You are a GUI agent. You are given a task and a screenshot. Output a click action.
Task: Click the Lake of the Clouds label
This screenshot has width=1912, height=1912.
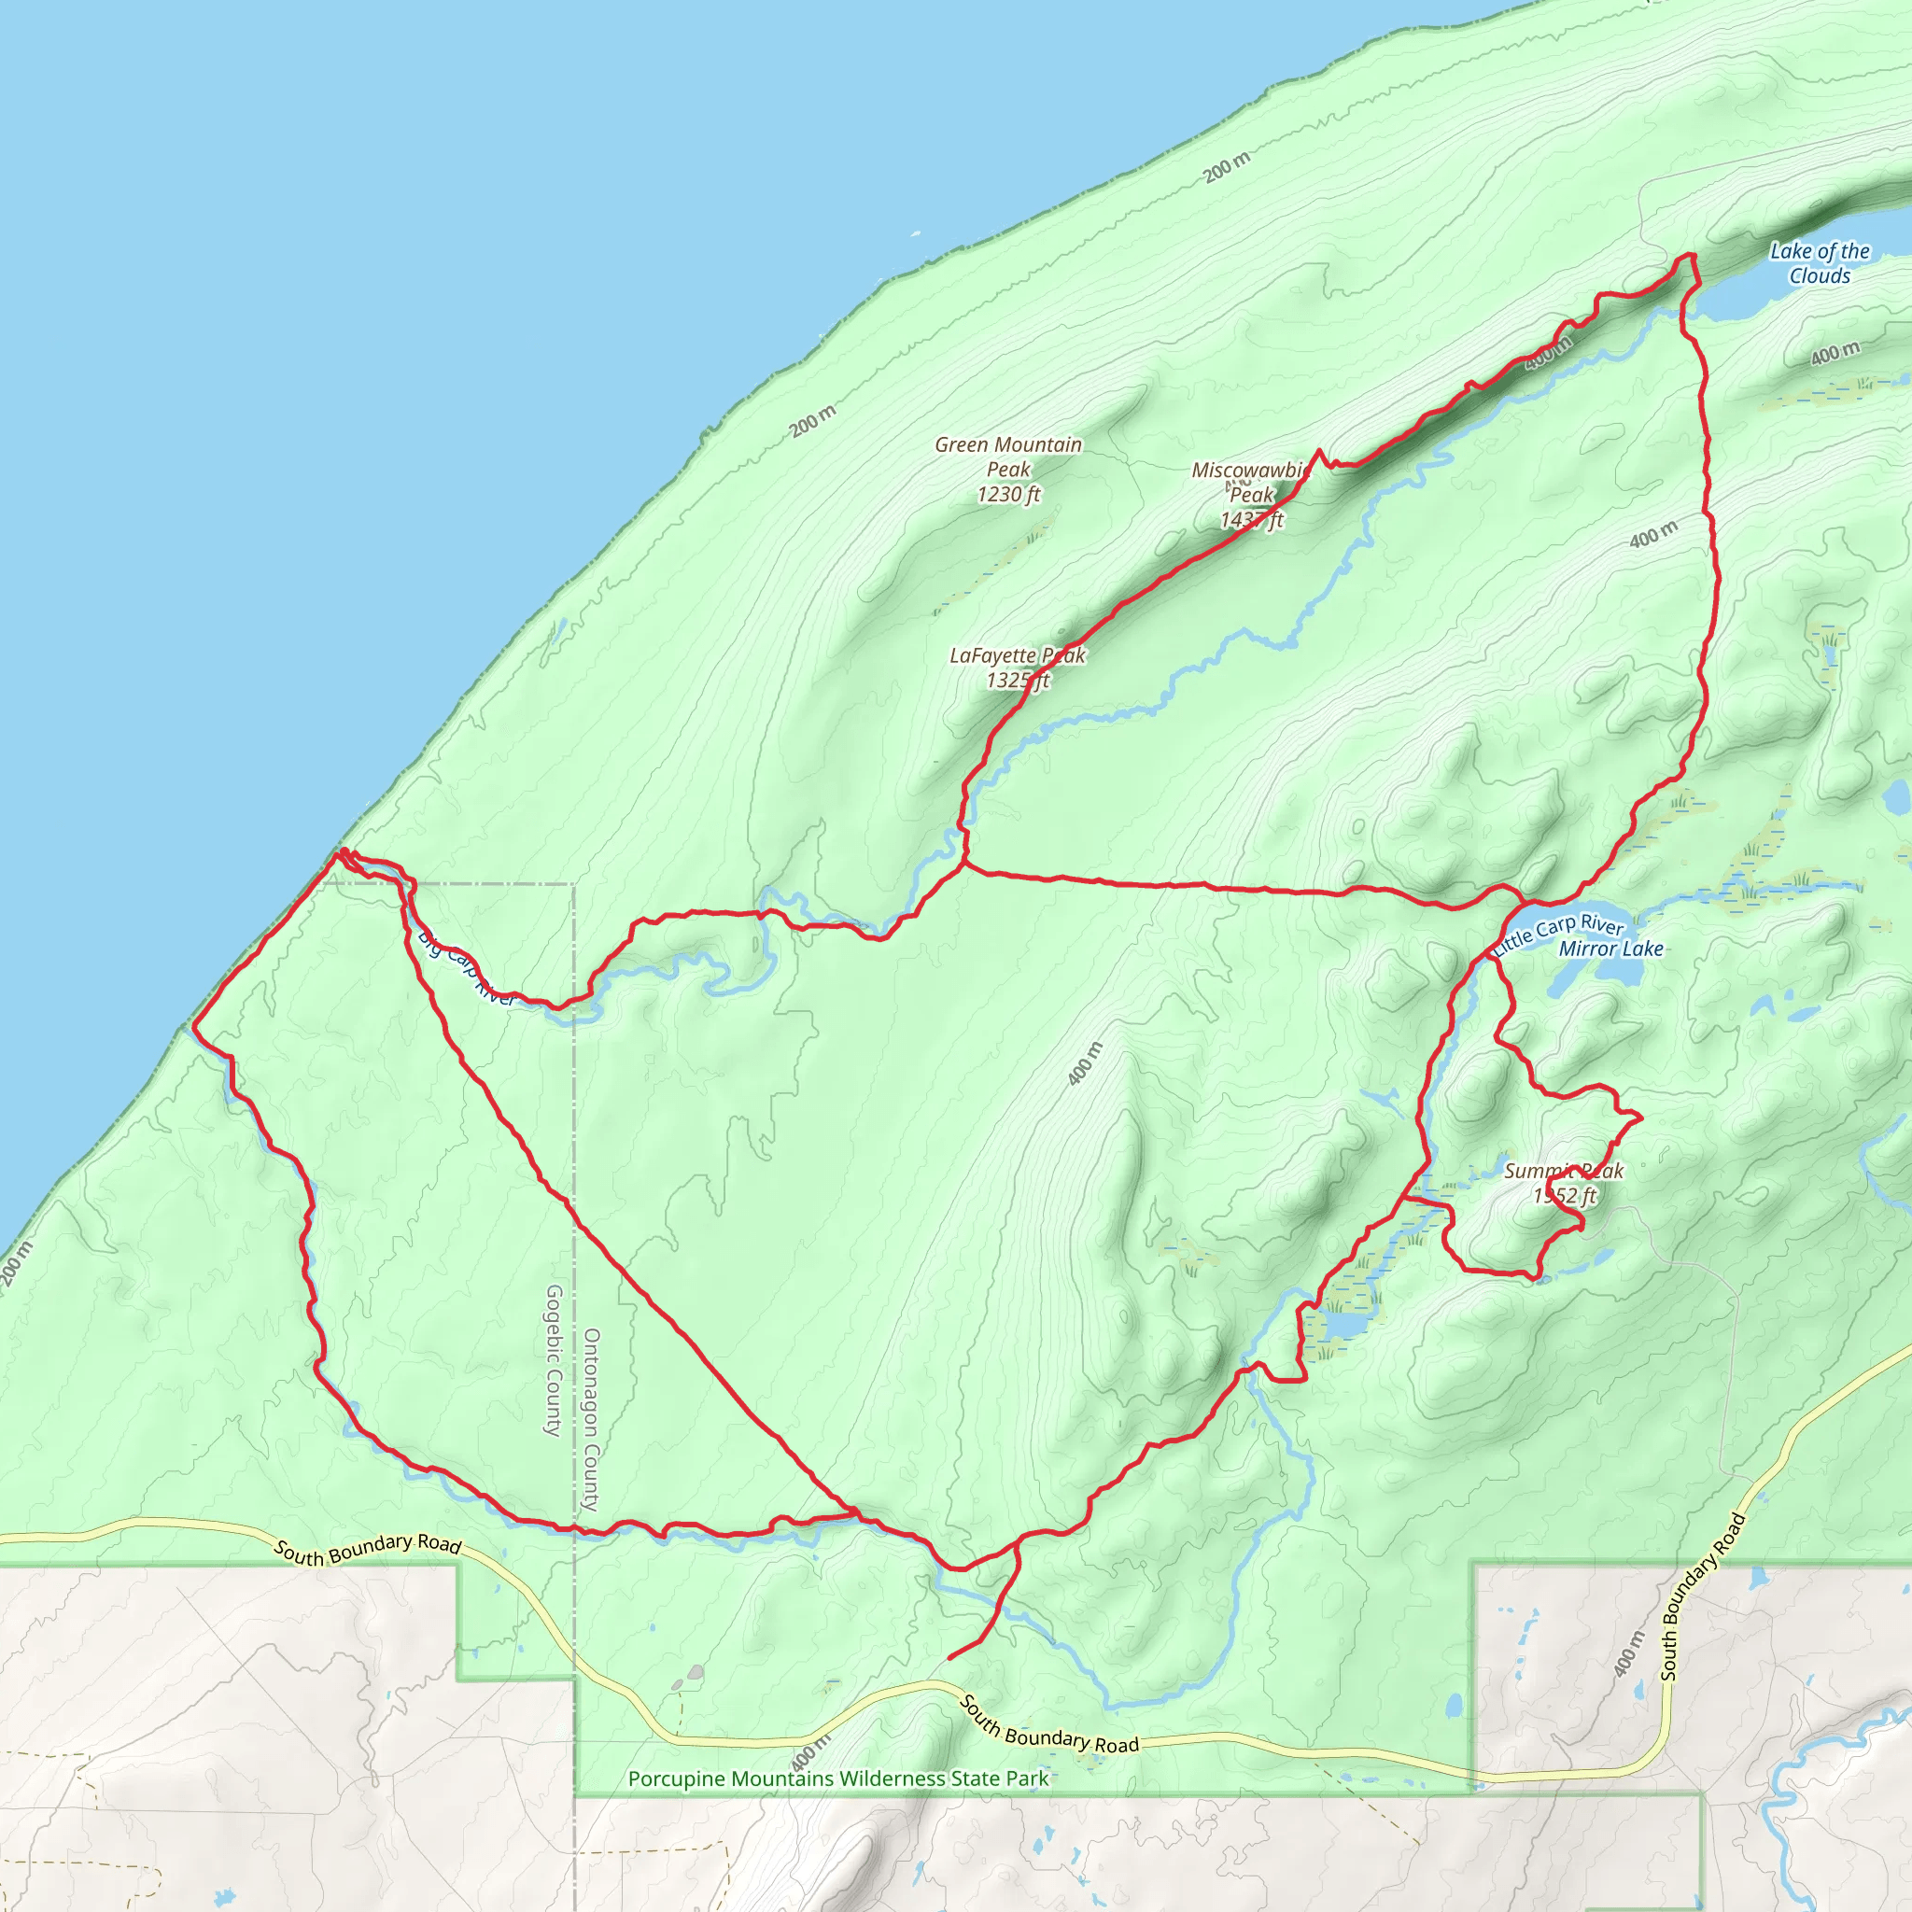tap(1819, 263)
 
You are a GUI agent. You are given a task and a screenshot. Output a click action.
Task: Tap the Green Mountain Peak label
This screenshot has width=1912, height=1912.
tap(1007, 457)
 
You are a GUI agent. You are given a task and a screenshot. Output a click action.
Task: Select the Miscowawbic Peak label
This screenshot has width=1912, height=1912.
tap(1251, 482)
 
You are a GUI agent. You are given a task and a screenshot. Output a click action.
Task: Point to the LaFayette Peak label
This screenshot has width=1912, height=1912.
tap(1018, 655)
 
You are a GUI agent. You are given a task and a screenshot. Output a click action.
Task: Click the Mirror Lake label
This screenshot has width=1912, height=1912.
tap(1610, 949)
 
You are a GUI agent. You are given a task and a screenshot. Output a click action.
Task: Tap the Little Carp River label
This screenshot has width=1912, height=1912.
tap(1558, 933)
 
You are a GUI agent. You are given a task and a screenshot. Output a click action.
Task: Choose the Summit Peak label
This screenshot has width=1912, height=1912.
tap(1564, 1171)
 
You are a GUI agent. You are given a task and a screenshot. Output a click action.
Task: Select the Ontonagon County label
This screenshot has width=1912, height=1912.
tap(591, 1419)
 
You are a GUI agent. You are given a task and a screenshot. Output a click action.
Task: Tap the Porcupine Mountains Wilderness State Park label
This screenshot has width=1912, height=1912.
tap(838, 1778)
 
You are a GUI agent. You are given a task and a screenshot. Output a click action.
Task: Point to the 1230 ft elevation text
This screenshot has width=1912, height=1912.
tap(1008, 494)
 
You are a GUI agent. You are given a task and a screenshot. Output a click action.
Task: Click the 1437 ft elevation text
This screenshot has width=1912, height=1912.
tap(1251, 520)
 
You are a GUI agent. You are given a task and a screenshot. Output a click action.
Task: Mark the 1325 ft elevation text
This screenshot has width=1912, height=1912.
tap(1018, 680)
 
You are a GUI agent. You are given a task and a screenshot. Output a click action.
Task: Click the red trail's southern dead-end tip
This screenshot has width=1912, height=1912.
tap(949, 1659)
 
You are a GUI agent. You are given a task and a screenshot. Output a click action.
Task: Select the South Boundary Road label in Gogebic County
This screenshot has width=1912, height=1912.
tap(367, 1549)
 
